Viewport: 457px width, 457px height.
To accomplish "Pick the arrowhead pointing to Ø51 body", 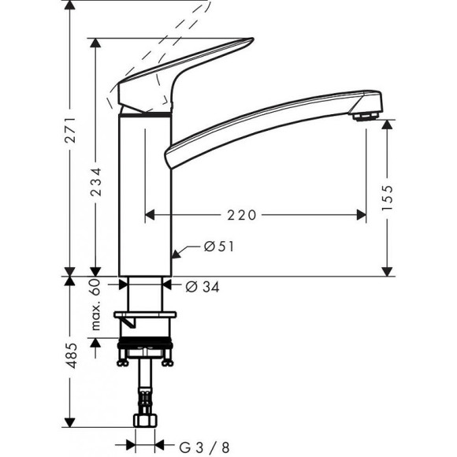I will click(177, 254).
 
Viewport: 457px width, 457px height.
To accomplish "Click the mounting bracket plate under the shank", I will click(148, 319).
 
